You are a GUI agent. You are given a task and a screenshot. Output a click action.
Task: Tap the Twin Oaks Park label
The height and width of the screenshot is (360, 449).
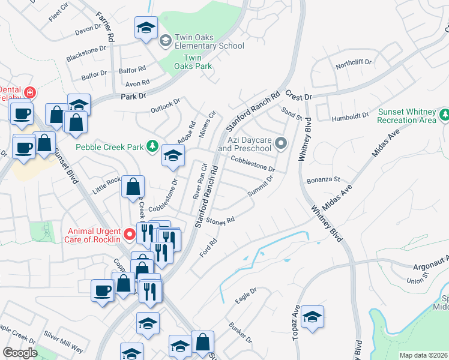[197, 62]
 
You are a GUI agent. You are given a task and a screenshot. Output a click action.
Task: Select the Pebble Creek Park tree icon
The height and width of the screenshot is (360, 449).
[152, 146]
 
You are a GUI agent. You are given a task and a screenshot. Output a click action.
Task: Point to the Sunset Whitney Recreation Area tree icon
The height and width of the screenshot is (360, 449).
[444, 114]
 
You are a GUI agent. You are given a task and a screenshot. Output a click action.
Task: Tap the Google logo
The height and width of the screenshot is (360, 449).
[20, 353]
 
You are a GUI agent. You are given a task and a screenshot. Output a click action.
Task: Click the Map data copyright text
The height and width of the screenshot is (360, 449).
[423, 355]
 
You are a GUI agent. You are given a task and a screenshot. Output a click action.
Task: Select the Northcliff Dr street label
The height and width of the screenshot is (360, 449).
[354, 62]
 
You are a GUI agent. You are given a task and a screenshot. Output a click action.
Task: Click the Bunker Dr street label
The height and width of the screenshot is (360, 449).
[238, 332]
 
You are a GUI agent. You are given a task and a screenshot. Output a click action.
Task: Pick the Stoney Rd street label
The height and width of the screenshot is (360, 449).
[220, 222]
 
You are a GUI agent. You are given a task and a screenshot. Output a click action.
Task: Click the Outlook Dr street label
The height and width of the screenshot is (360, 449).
[165, 106]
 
